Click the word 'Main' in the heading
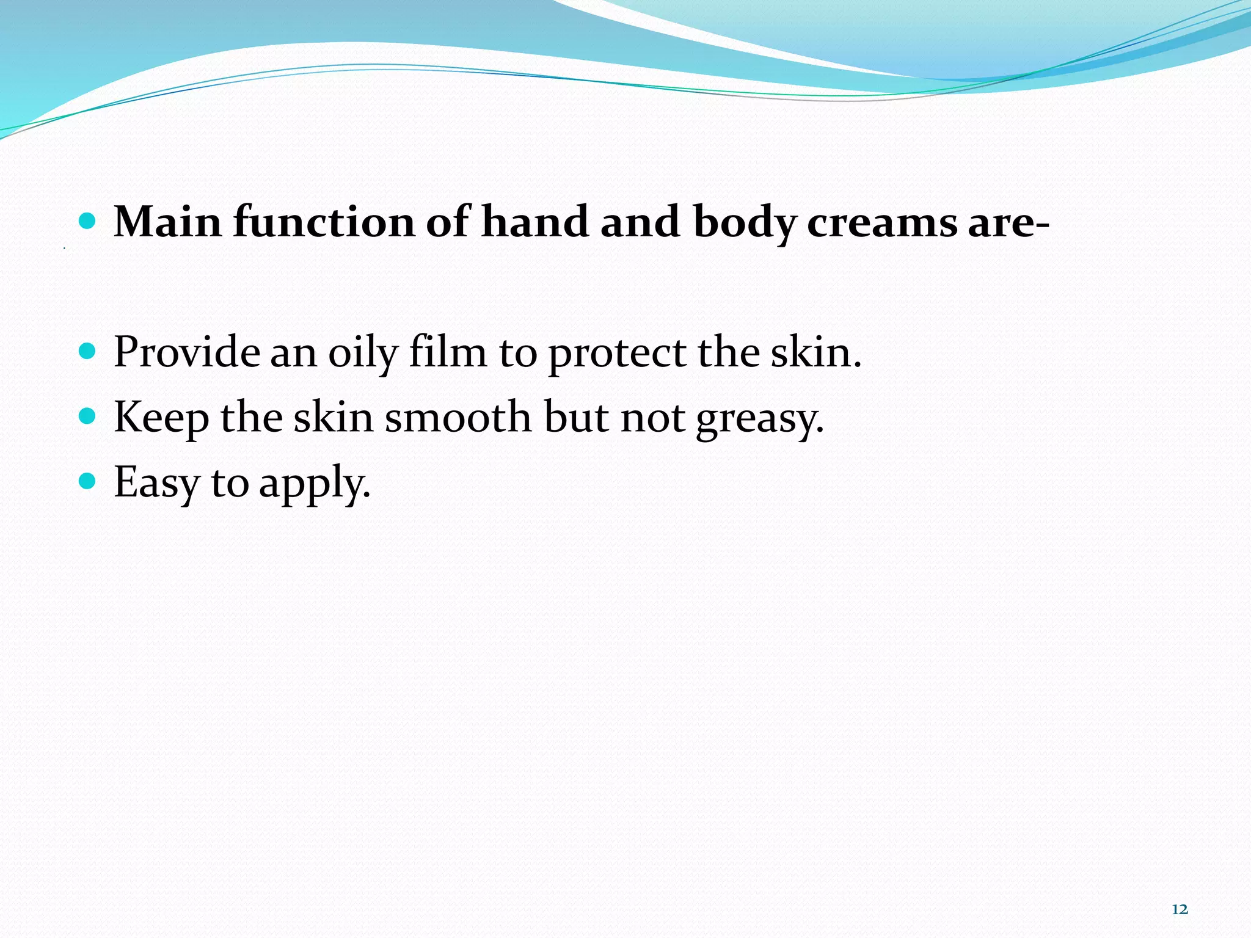168,222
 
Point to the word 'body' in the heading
745,223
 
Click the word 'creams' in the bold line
882,223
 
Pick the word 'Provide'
186,352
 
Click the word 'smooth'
458,417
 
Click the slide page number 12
1180,909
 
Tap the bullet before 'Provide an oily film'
88,351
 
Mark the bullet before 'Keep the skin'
88,416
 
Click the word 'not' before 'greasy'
652,418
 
